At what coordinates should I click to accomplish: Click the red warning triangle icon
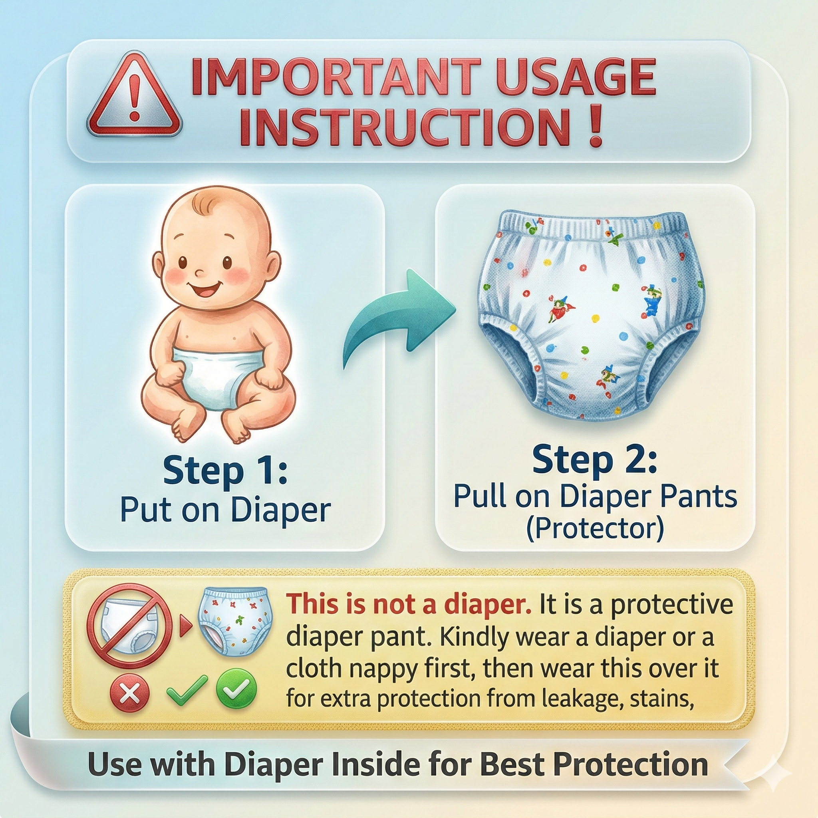click(x=134, y=96)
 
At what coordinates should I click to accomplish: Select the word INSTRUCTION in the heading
click(x=404, y=127)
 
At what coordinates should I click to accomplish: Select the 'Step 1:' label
click(x=225, y=471)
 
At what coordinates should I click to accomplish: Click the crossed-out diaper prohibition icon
click(x=129, y=626)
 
